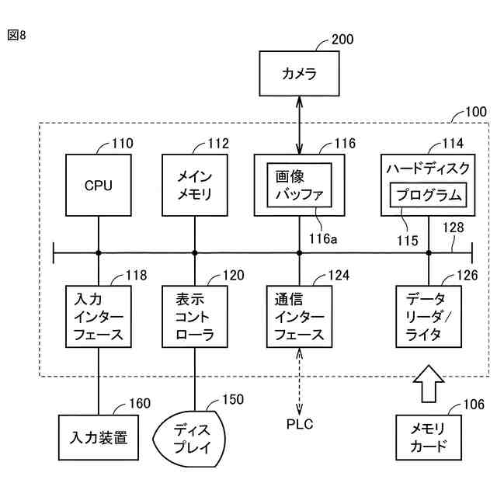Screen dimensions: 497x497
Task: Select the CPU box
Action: [98, 186]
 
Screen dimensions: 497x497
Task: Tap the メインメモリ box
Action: [194, 186]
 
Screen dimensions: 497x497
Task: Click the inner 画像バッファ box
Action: [300, 185]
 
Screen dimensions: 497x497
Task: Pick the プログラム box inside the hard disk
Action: [429, 193]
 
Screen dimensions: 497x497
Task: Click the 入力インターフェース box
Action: [98, 316]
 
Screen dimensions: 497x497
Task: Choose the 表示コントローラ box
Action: [194, 316]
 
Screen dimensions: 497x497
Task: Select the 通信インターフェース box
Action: [300, 316]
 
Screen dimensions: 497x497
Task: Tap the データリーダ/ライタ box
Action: [428, 316]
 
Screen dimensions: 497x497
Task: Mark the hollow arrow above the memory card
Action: [427, 384]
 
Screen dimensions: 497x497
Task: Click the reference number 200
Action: [342, 40]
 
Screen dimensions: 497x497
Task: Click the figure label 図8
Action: [16, 36]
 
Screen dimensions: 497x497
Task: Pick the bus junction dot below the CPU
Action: [99, 252]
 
